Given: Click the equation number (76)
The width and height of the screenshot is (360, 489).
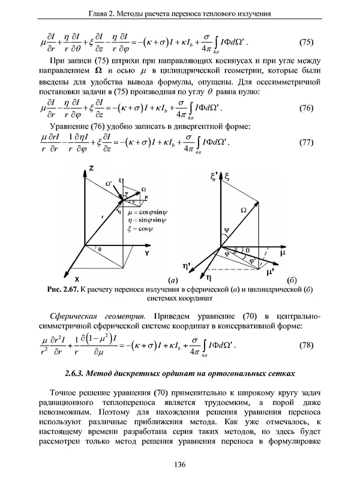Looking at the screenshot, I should click(306, 109).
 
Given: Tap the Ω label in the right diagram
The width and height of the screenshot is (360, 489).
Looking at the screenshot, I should click(243, 210).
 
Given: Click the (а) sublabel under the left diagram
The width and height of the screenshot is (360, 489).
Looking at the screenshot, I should click(173, 280).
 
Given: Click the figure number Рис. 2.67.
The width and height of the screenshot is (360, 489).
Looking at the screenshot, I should click(65, 289).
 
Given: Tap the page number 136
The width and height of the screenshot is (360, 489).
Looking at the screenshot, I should click(179, 464).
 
